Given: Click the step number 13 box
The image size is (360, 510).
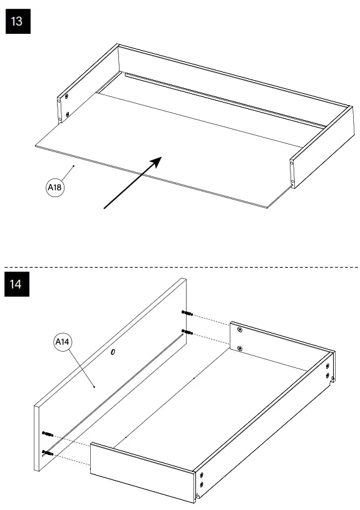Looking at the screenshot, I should coord(17,21).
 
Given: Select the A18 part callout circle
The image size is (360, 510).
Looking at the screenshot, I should coord(56,187).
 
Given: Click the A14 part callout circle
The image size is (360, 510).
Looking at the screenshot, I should coord(62,342).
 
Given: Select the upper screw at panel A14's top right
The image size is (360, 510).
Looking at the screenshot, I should coord(185,312).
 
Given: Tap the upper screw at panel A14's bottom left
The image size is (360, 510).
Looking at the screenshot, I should coord(47,433).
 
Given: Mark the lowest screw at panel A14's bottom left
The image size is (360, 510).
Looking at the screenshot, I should coord(47,451).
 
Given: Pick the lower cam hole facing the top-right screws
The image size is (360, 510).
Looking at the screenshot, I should coord(239,348).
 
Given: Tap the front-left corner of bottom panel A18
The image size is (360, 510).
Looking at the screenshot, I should coord(36,146).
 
